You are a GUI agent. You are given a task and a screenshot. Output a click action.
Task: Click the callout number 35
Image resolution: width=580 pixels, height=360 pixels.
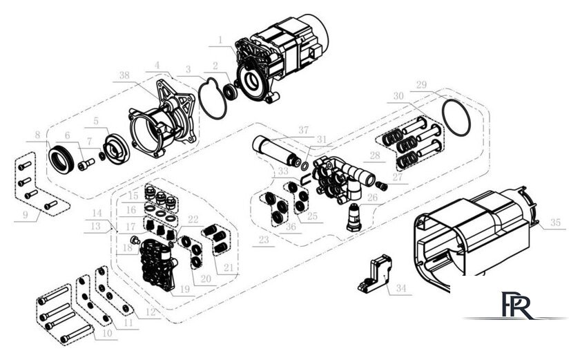555,223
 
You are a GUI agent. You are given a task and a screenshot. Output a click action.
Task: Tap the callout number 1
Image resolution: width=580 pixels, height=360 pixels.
220,40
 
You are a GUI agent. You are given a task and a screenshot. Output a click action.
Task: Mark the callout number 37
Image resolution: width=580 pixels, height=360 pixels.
303,130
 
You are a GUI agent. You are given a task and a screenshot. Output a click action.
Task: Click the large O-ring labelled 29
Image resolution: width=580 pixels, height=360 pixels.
455,117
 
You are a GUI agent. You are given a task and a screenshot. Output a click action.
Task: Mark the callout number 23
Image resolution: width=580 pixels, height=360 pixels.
262,241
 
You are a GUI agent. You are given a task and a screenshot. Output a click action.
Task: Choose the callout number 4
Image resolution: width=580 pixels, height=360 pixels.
158,64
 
